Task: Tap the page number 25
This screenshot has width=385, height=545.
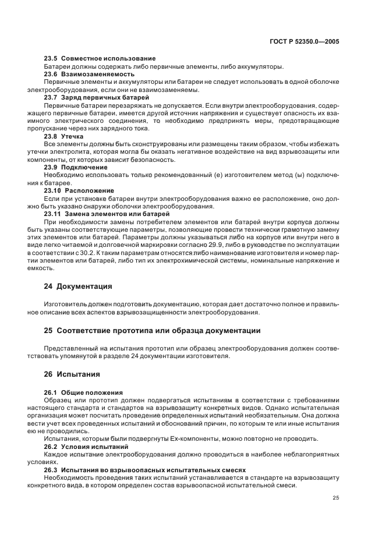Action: point(335,498)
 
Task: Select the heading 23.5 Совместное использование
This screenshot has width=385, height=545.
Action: point(100,59)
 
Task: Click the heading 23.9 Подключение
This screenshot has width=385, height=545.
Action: point(76,167)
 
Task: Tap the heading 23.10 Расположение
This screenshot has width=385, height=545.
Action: point(79,190)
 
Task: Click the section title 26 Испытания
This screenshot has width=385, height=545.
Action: point(72,374)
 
